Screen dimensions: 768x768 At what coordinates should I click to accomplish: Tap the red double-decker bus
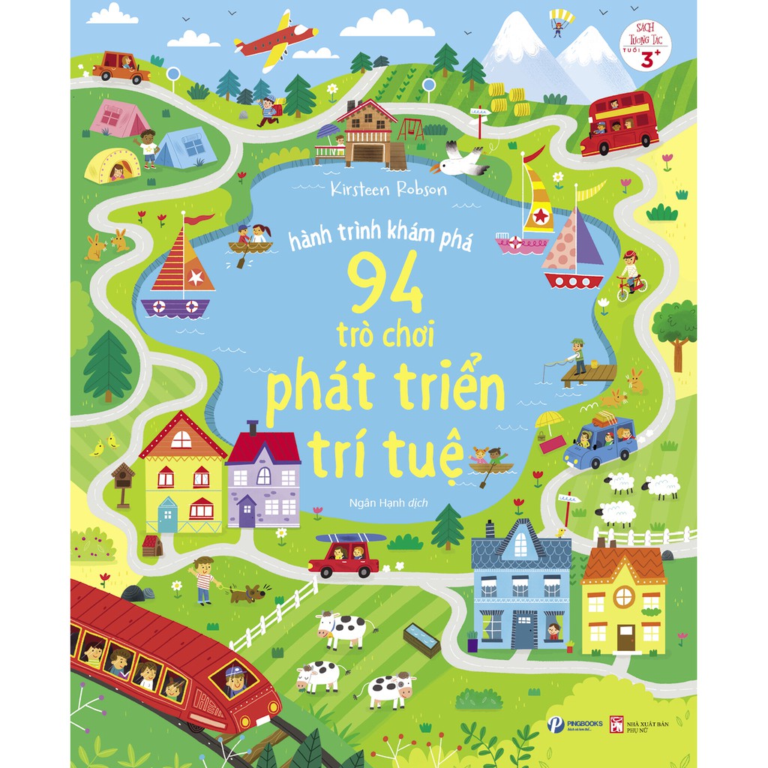pos(619,124)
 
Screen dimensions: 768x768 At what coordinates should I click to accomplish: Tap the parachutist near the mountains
pos(559,22)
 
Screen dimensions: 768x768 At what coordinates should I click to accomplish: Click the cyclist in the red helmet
pos(630,274)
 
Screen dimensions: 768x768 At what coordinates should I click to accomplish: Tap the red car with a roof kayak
pos(344,556)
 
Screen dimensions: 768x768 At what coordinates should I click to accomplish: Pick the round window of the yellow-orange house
pos(624,597)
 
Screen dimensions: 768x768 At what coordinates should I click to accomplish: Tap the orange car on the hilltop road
pos(120,66)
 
